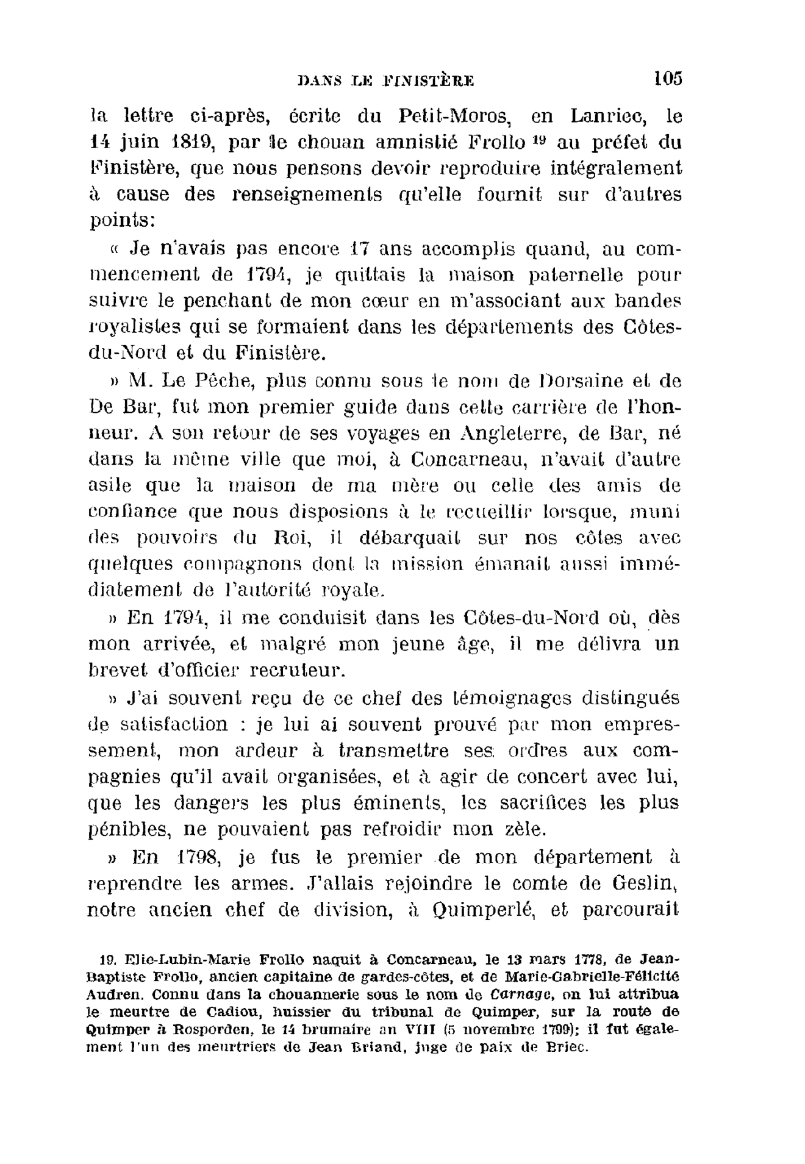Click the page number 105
click(667, 79)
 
